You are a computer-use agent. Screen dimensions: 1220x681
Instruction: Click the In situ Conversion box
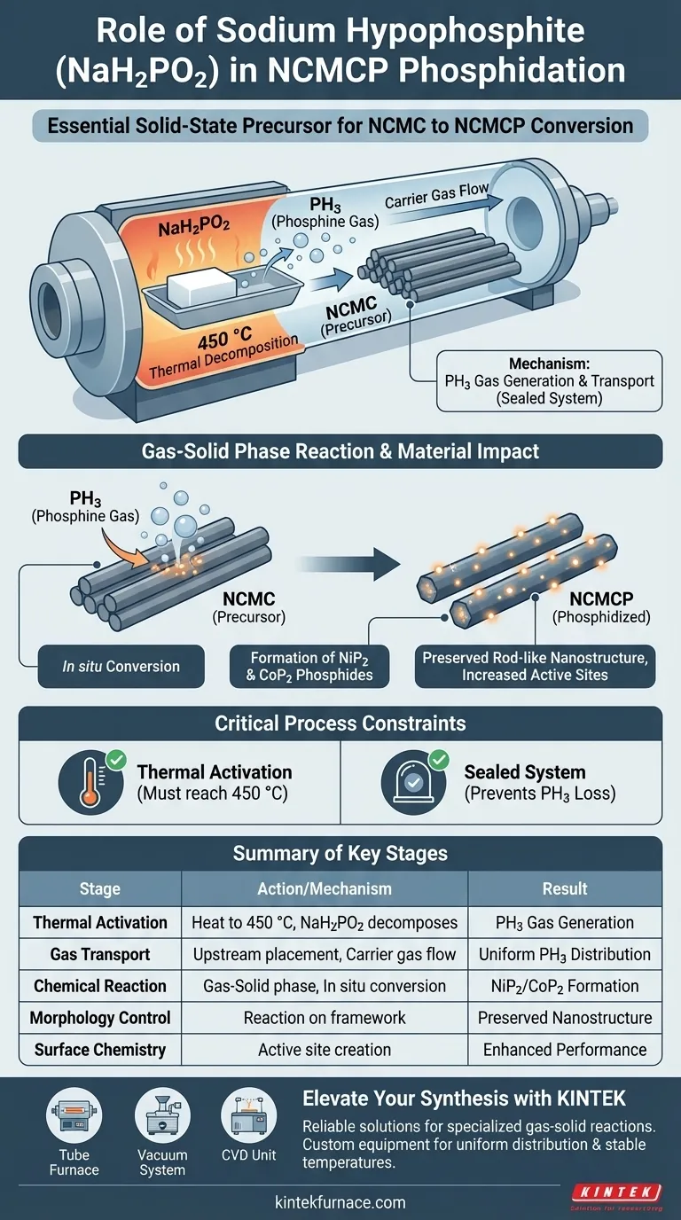(x=121, y=666)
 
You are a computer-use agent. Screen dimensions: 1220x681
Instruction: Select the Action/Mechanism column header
(x=325, y=888)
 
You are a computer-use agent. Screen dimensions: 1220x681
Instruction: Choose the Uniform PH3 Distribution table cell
(x=565, y=954)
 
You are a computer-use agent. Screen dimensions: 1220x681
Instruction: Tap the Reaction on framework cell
(x=325, y=1018)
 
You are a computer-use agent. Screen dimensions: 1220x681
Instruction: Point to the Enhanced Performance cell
(x=565, y=1050)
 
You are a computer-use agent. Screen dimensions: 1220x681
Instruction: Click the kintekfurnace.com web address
(x=340, y=1202)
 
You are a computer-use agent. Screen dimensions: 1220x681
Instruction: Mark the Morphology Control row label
(x=100, y=1018)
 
